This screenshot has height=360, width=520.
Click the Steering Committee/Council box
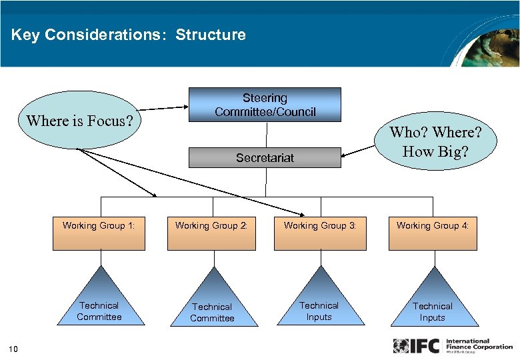[x=265, y=105]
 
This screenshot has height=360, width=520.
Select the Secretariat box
[x=265, y=158]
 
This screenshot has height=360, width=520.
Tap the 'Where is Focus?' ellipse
[x=79, y=121]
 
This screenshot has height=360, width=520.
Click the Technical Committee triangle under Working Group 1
[x=99, y=303]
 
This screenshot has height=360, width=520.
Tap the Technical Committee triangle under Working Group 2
[x=212, y=305]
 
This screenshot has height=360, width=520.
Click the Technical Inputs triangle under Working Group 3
[x=319, y=303]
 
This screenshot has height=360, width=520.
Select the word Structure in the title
[x=211, y=35]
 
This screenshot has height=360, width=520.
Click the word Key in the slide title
[x=25, y=35]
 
